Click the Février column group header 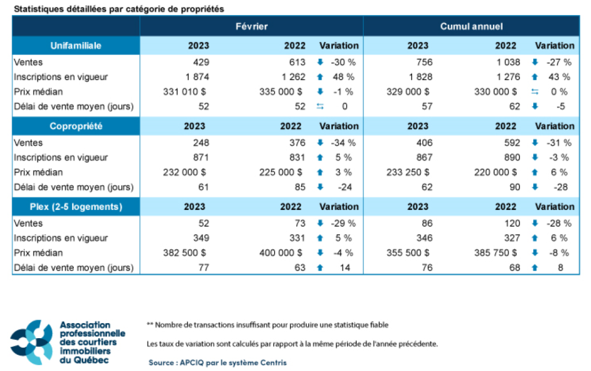251,27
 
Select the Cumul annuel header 472,27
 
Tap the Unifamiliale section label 76,46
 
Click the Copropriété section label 76,126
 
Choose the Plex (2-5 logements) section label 76,207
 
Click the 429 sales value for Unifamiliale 201,62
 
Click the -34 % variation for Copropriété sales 343,143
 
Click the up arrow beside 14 320,268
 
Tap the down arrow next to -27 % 535,62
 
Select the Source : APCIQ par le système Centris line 218,362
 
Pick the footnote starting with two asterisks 268,325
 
